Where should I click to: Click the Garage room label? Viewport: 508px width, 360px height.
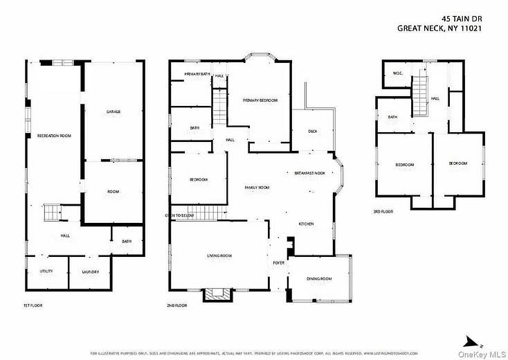click(114, 111)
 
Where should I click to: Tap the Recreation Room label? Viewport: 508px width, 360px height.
click(54, 136)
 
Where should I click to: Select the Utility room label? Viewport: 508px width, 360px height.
click(46, 271)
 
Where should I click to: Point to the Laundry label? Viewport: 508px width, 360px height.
click(91, 271)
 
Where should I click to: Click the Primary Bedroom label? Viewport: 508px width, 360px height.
click(260, 100)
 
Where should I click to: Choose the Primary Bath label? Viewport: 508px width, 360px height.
click(197, 74)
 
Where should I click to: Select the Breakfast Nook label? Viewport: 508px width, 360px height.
click(309, 173)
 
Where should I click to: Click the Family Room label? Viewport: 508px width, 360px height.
click(257, 188)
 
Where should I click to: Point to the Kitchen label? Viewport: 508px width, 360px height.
click(307, 224)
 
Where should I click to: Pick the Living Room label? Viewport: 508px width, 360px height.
click(219, 256)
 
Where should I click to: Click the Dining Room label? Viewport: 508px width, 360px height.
click(319, 278)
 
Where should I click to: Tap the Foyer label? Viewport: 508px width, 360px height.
click(279, 263)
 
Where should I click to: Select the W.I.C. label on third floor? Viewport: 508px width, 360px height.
click(398, 73)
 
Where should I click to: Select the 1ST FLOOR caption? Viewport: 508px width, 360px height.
click(33, 305)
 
